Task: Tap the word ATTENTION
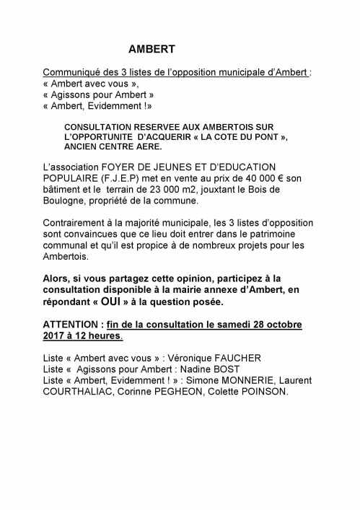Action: point(72,323)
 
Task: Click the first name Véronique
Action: point(185,357)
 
